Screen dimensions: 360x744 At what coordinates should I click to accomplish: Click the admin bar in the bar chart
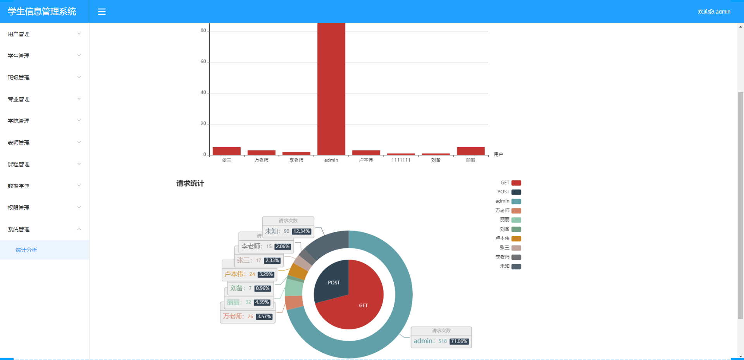coord(331,89)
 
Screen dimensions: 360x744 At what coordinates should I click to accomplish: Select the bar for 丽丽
coord(470,151)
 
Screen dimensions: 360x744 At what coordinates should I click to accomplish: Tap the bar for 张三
coord(226,151)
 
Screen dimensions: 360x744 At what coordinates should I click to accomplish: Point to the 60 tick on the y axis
coord(203,62)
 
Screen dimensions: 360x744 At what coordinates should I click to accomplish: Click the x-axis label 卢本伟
coord(366,160)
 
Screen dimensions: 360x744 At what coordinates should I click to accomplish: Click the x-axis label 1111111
coord(401,160)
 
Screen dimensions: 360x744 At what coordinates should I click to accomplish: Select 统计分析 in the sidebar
coord(26,250)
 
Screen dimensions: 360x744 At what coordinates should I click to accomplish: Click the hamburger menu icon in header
coord(102,12)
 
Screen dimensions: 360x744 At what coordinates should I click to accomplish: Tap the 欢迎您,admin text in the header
coord(714,12)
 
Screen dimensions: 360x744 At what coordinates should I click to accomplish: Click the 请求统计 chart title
coord(190,183)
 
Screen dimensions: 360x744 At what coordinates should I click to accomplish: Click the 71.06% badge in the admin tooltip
coord(459,341)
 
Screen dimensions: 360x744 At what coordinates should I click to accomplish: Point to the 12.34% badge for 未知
coord(301,231)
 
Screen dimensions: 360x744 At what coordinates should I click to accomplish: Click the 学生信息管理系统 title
coord(42,12)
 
